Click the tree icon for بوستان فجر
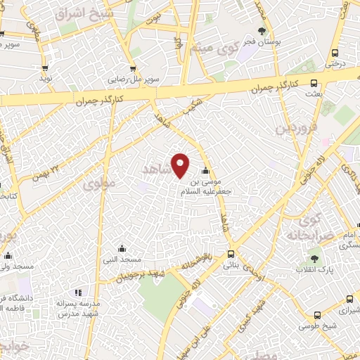[262, 31]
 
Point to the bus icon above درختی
[333, 53]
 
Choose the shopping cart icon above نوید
[45, 69]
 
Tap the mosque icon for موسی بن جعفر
[206, 171]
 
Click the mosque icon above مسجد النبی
[122, 247]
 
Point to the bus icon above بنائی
[231, 255]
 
